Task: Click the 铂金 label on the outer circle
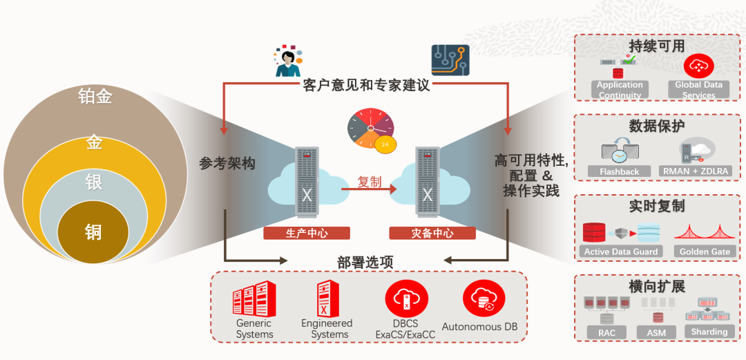click(x=95, y=97)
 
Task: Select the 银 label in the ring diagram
click(x=94, y=182)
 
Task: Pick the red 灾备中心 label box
click(x=432, y=234)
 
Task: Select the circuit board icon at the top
click(x=450, y=60)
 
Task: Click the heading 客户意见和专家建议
click(x=366, y=86)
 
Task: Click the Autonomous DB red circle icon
click(x=479, y=298)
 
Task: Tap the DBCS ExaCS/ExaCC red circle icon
click(x=406, y=298)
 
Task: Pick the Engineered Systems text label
click(x=327, y=329)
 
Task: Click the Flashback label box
click(x=620, y=171)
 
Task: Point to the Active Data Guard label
click(x=621, y=252)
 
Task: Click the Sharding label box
click(x=709, y=332)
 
